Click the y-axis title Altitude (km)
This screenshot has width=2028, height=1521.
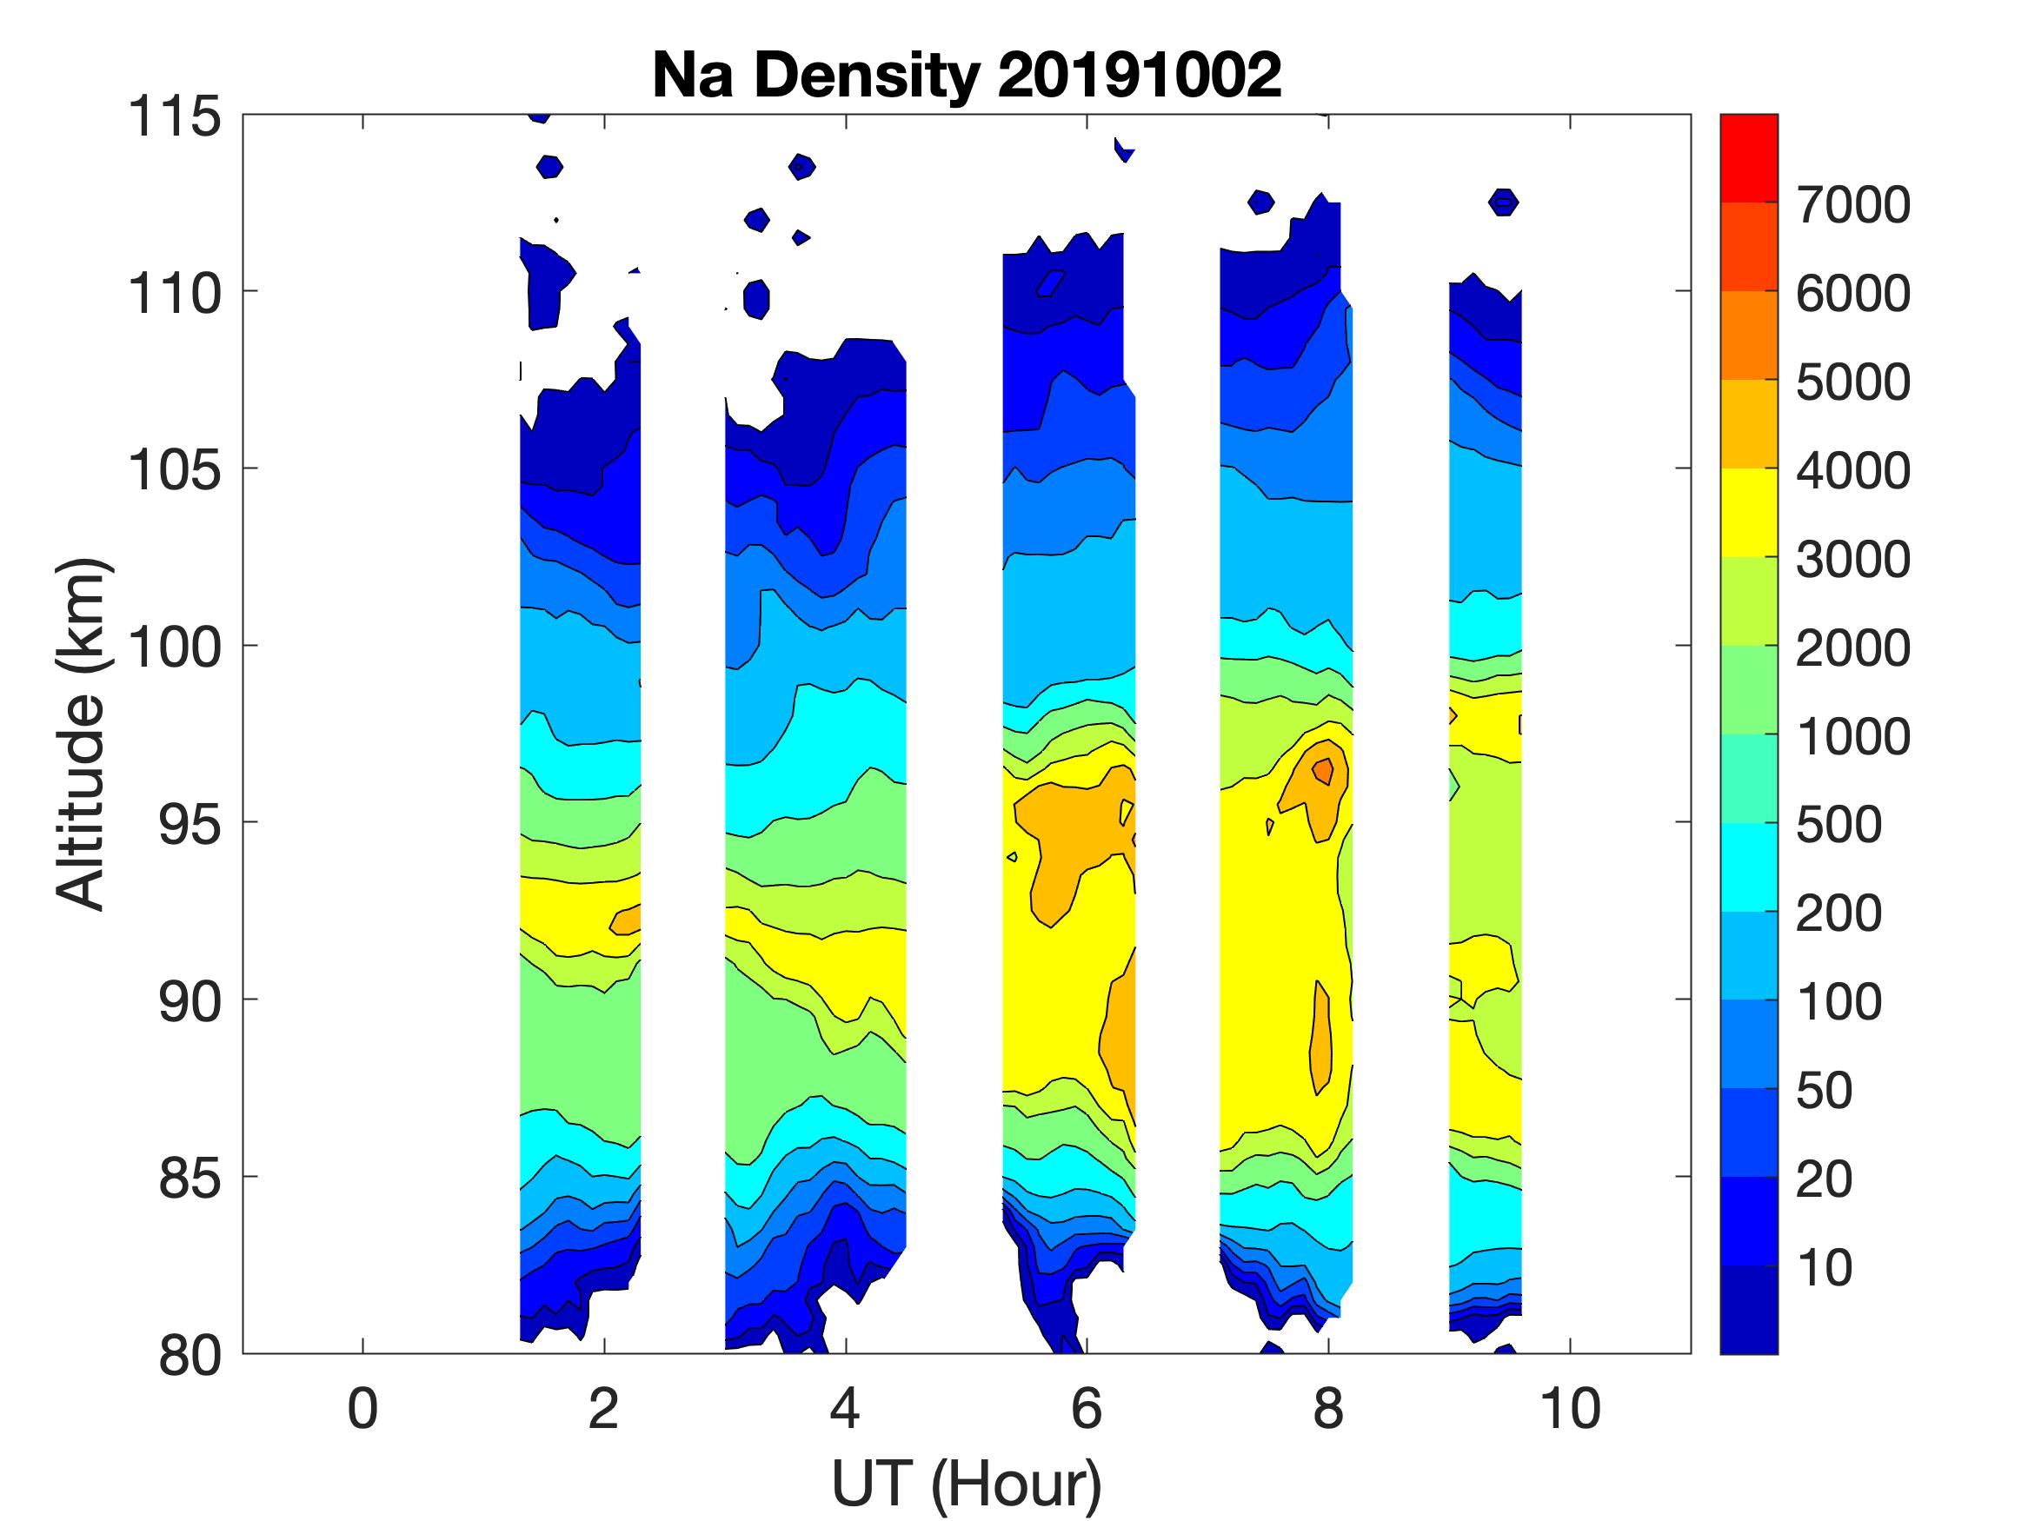(x=82, y=734)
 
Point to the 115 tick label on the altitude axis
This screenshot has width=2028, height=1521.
(x=174, y=117)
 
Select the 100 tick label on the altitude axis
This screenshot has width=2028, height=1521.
(x=174, y=648)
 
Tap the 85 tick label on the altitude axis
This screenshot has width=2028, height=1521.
(x=190, y=1178)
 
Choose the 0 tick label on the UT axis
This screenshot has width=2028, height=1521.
(x=362, y=1409)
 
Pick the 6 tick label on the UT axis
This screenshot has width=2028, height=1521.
(x=1087, y=1409)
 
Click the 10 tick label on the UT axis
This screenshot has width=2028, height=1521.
(x=1571, y=1409)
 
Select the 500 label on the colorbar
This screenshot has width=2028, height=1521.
(x=1839, y=825)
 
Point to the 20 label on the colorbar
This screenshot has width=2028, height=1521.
(x=1825, y=1179)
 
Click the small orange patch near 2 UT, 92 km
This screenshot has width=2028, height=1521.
(x=627, y=920)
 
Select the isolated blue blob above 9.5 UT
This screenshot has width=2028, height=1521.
(x=1504, y=202)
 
